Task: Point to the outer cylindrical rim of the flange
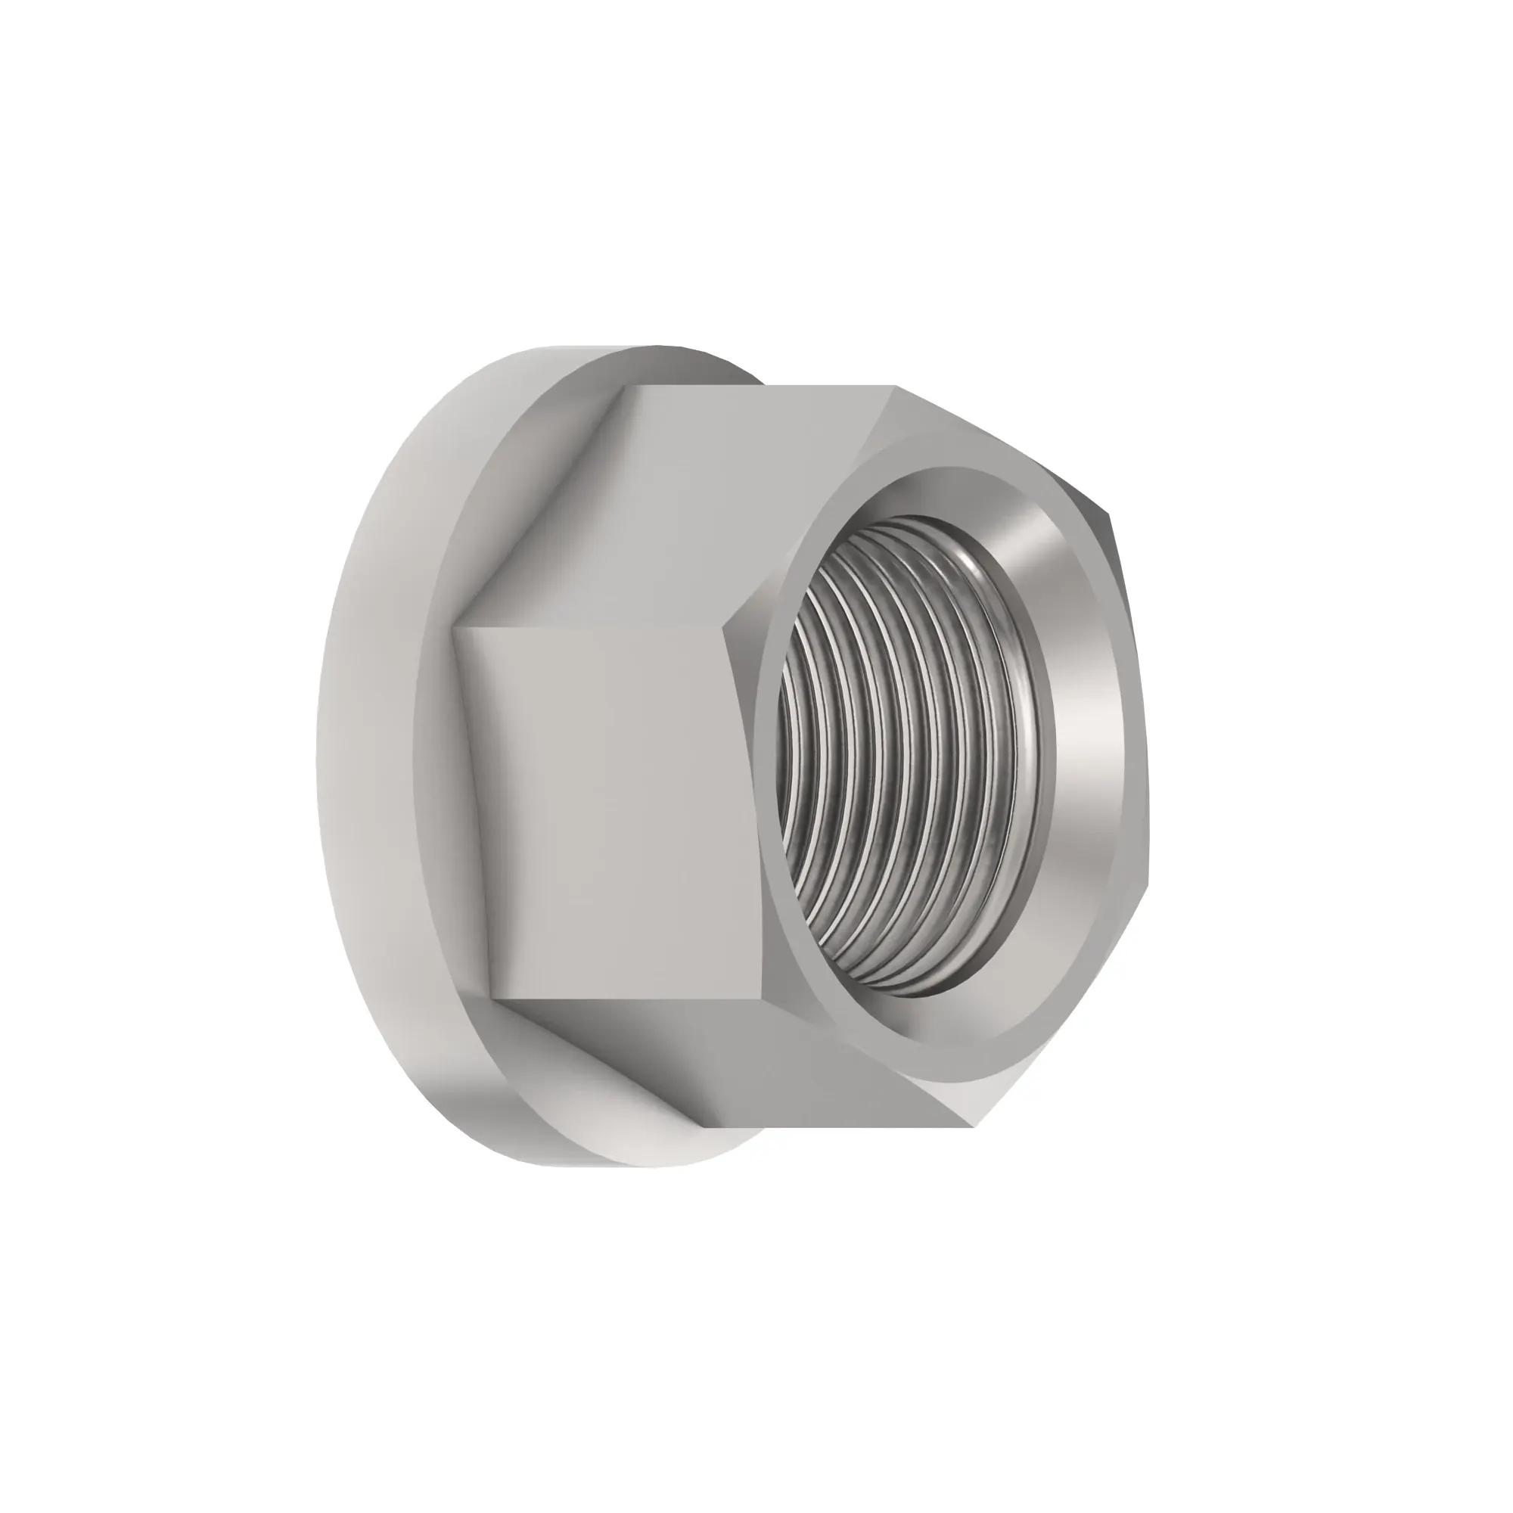coord(368,752)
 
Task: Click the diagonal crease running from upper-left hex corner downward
coord(540,509)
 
